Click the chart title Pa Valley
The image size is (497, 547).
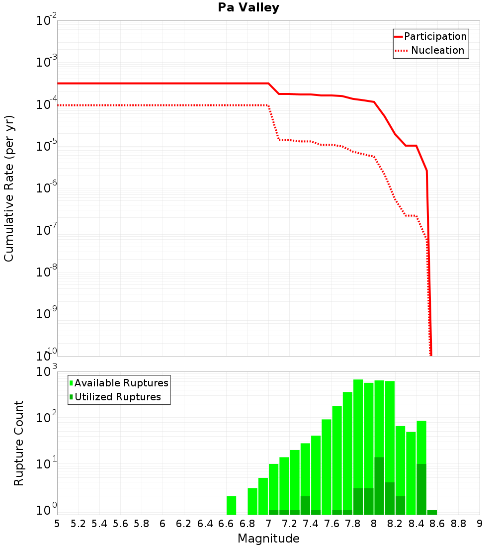tap(248, 7)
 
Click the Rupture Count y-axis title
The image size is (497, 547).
tap(19, 443)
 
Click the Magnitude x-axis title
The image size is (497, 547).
tap(268, 539)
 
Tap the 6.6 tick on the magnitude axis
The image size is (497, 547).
tap(226, 524)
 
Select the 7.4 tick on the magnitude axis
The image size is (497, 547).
tap(311, 524)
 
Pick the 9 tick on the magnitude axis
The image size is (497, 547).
tap(480, 524)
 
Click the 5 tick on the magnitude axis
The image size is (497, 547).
tap(57, 524)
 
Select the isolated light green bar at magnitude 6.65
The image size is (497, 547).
tap(231, 505)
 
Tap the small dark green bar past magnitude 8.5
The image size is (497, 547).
tap(432, 512)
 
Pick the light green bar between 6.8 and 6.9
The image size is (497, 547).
tap(252, 501)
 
